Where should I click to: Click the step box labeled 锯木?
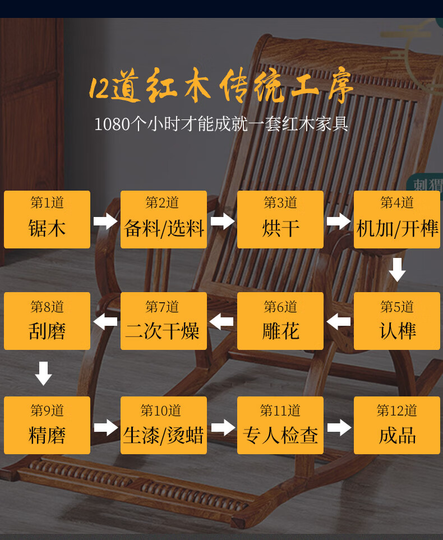pyautogui.click(x=47, y=219)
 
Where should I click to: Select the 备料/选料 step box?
pyautogui.click(x=164, y=219)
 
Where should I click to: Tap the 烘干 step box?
pyautogui.click(x=280, y=219)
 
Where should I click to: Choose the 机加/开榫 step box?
pyautogui.click(x=397, y=219)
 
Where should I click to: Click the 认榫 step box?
pyautogui.click(x=397, y=321)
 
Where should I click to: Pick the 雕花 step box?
pyautogui.click(x=280, y=321)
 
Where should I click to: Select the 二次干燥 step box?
pyautogui.click(x=164, y=321)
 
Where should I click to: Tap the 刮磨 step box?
pyautogui.click(x=47, y=321)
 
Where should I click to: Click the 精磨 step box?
pyautogui.click(x=47, y=425)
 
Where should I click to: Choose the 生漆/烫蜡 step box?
pyautogui.click(x=164, y=425)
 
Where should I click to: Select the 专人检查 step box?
pyautogui.click(x=280, y=425)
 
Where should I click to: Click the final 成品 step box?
pyautogui.click(x=397, y=425)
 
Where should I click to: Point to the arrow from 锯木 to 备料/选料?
pyautogui.click(x=105, y=221)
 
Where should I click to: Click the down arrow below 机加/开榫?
pyautogui.click(x=397, y=269)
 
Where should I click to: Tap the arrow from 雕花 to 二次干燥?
pyautogui.click(x=222, y=321)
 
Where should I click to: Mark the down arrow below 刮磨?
pyautogui.click(x=44, y=373)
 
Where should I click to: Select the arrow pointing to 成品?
pyautogui.click(x=339, y=428)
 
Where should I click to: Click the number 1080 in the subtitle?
pyautogui.click(x=112, y=124)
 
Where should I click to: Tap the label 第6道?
pyautogui.click(x=280, y=307)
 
